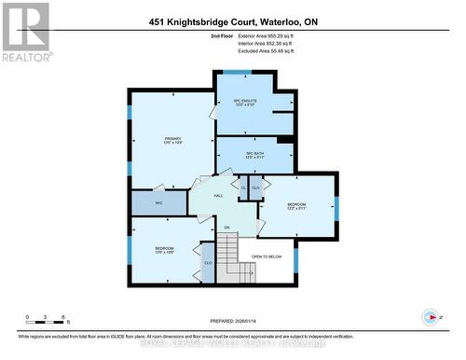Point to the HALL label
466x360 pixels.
click(218, 196)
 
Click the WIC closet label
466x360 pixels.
click(147, 201)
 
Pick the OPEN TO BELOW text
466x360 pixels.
click(267, 256)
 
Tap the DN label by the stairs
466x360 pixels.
click(226, 228)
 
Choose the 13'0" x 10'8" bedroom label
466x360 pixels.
click(164, 250)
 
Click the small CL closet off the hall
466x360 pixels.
click(244, 188)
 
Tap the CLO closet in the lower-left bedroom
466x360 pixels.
click(208, 264)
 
